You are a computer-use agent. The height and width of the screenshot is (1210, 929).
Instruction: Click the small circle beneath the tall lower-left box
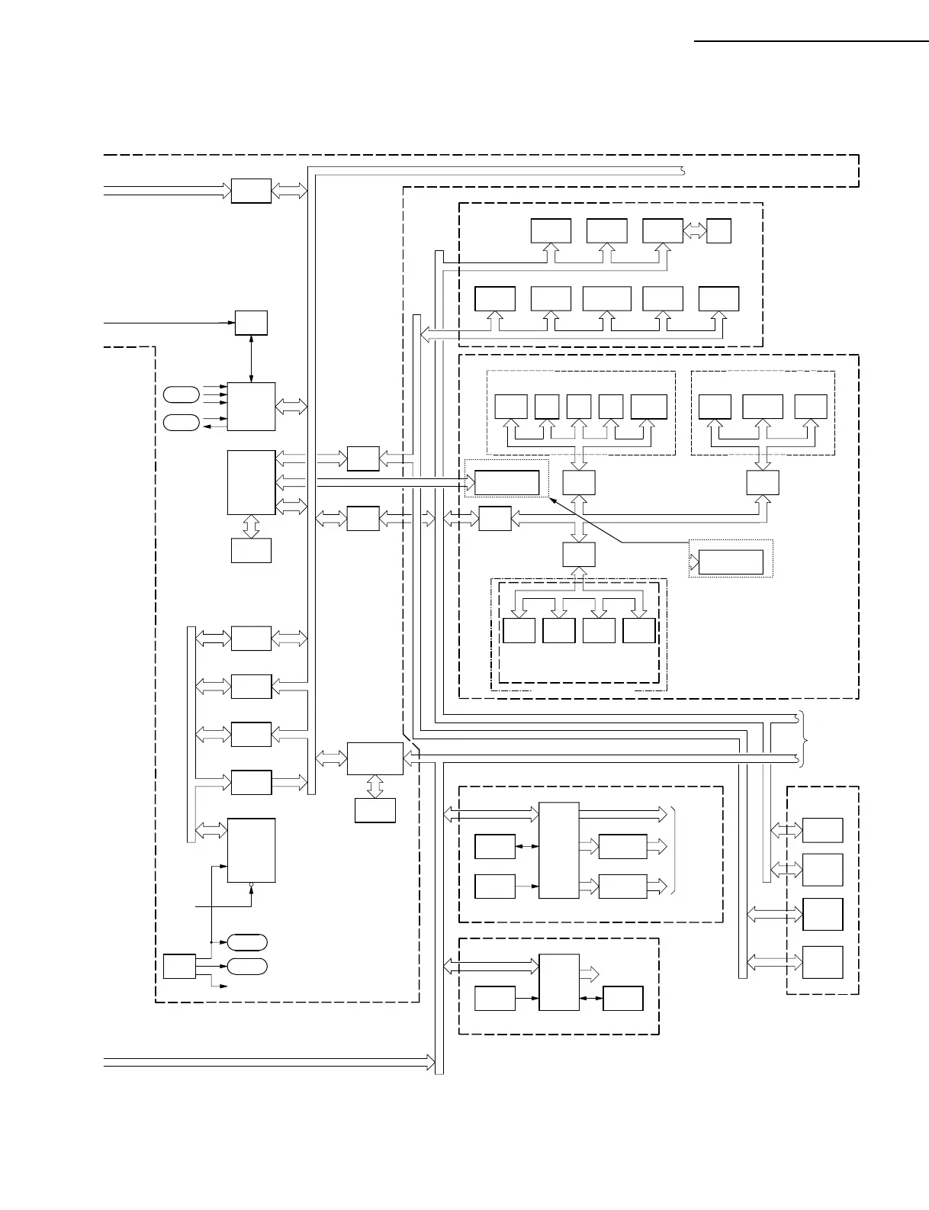(251, 884)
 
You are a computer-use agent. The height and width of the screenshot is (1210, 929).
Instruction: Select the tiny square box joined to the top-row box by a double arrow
(718, 230)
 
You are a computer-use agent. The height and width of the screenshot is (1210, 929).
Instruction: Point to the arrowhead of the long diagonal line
(551, 500)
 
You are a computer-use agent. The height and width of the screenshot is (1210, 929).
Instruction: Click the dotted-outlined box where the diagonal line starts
(731, 562)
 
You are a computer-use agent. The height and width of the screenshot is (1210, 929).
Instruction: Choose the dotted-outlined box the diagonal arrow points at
(507, 482)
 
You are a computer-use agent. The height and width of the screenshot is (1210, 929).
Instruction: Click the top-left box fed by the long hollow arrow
(251, 191)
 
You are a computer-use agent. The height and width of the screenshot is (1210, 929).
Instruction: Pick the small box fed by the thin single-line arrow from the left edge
(251, 323)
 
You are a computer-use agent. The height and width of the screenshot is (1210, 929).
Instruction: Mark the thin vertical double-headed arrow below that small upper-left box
(251, 359)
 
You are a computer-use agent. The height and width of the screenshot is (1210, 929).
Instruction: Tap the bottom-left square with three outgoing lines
(179, 966)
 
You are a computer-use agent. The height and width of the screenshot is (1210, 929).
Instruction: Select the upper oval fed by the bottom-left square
(247, 942)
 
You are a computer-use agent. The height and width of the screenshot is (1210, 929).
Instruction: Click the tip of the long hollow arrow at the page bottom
(431, 1061)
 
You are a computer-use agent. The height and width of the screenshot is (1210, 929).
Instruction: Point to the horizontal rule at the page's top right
(812, 40)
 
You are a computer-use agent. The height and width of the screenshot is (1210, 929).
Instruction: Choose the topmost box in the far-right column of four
(822, 830)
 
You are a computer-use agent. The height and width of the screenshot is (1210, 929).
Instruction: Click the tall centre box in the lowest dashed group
(559, 982)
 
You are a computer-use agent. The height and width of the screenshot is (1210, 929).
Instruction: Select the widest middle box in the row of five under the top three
(606, 298)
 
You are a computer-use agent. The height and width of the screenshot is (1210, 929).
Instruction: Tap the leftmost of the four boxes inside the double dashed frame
(519, 630)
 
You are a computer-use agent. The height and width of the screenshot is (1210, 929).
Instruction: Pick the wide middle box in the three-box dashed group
(763, 407)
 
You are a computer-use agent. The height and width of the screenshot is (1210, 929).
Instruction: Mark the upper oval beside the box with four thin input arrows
(182, 394)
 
